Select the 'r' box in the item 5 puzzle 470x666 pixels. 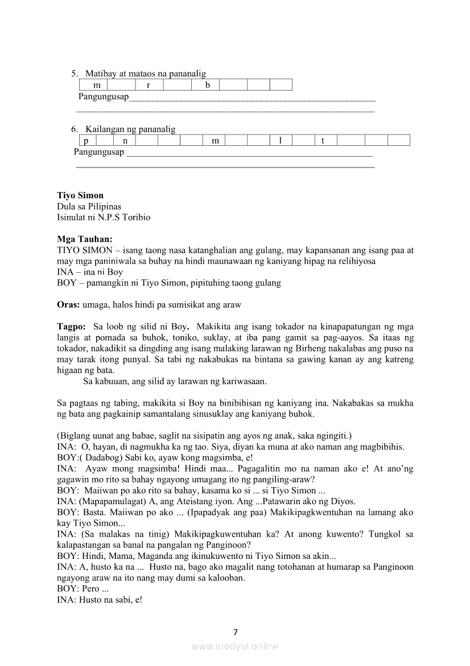point(149,85)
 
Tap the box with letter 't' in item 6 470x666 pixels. point(323,141)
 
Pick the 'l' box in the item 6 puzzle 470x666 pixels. point(280,141)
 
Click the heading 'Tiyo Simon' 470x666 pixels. point(80,195)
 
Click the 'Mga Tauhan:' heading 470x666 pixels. point(85,239)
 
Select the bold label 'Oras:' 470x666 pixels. point(68,305)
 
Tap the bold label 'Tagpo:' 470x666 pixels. point(71,327)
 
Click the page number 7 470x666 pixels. point(235,632)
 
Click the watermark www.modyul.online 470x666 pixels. point(235,646)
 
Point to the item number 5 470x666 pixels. point(74,73)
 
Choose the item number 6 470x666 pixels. point(74,129)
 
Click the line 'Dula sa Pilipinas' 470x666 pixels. point(89,206)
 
